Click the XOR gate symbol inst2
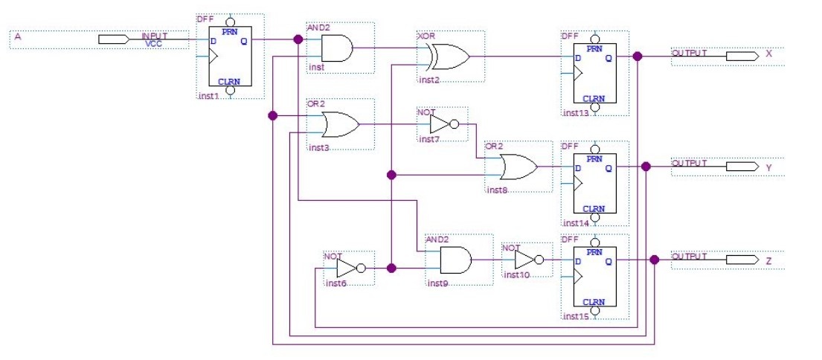click(x=448, y=56)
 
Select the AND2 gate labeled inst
click(x=336, y=48)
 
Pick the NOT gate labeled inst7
click(x=443, y=124)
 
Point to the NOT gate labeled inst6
click(x=350, y=268)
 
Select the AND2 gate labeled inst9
click(x=455, y=260)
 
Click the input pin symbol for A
click(x=113, y=39)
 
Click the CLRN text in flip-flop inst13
click(x=594, y=98)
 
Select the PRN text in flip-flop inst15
click(x=594, y=252)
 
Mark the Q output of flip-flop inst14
click(x=609, y=168)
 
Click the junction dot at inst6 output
click(x=391, y=268)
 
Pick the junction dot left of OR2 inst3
click(x=272, y=115)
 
